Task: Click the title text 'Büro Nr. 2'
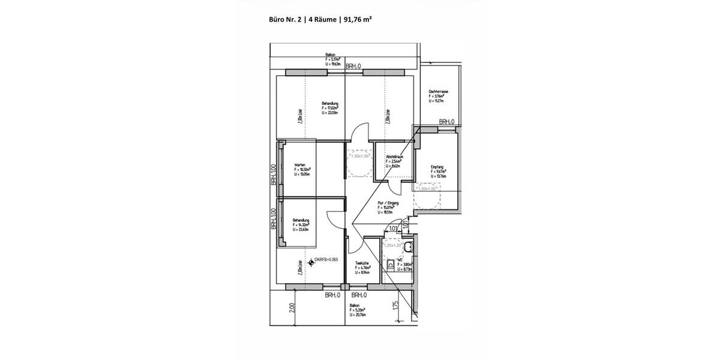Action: point(285,19)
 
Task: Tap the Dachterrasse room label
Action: point(439,92)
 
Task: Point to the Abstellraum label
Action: point(394,157)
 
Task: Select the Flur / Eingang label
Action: point(388,203)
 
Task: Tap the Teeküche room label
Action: point(361,263)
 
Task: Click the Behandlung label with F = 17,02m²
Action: point(330,103)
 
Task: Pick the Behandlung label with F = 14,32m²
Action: point(301,220)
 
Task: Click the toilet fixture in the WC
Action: point(409,247)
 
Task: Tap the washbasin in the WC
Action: point(390,263)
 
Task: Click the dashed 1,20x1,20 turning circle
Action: point(394,246)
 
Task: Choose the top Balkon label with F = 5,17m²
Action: point(330,55)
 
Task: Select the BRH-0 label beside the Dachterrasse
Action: point(446,122)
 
